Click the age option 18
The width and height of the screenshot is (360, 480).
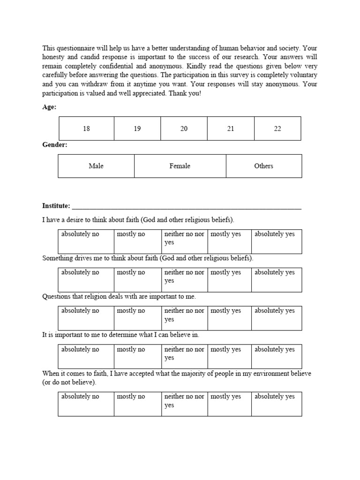pos(86,128)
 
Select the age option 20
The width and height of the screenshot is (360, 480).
pos(184,128)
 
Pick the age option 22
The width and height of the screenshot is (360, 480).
pos(277,128)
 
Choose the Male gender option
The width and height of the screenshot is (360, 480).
pos(96,166)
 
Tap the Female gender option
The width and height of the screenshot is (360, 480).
pos(180,166)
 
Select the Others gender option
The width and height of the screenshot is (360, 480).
pos(263,166)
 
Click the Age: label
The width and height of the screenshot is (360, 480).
pos(49,107)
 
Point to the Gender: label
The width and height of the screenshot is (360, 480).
pos(55,145)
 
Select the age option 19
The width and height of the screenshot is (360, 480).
pos(137,128)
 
